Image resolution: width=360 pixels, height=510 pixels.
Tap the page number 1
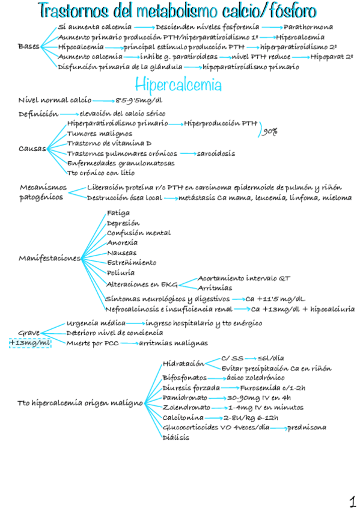tap(352, 501)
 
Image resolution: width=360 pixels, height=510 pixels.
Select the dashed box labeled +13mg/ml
tap(30, 342)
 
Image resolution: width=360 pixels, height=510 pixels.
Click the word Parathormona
tap(308, 27)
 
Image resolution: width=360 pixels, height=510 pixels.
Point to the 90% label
tap(270, 132)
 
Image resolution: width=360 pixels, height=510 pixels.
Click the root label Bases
tap(28, 46)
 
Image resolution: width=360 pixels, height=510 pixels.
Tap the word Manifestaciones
tap(49, 258)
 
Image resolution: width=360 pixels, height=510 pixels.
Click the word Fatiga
tap(118, 213)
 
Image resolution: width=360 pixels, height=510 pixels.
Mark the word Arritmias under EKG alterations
tap(215, 288)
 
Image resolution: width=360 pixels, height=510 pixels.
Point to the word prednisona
tap(307, 427)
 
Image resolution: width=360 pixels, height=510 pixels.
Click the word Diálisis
tap(175, 437)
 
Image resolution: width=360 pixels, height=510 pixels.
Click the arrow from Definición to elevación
tap(69, 113)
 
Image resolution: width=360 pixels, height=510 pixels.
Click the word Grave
tap(29, 332)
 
